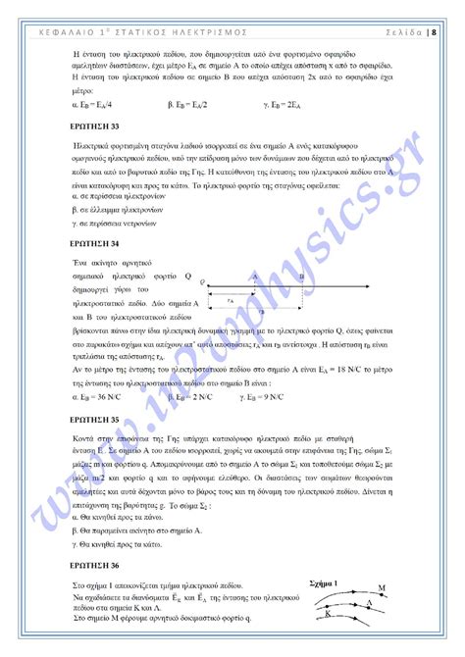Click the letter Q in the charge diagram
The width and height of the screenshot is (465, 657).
pyautogui.click(x=202, y=281)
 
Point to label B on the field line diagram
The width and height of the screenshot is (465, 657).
pyautogui.click(x=301, y=278)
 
